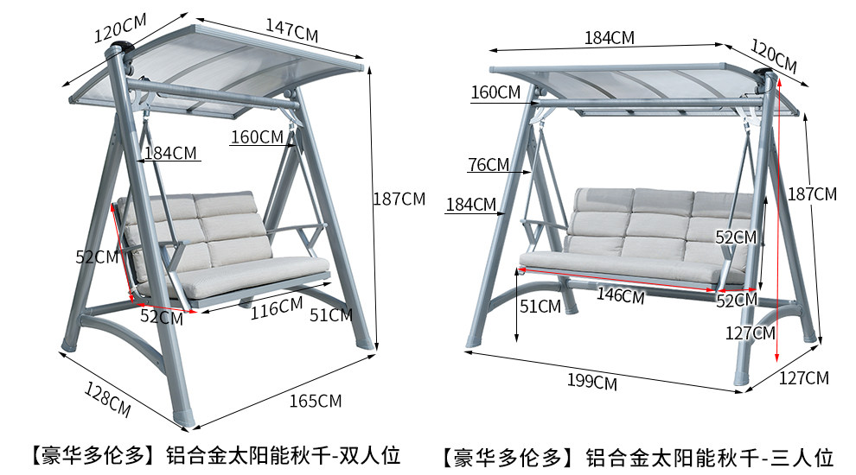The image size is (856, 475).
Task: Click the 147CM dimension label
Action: [291, 31]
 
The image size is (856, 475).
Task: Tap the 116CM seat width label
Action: [277, 307]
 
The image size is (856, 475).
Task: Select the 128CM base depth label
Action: [108, 396]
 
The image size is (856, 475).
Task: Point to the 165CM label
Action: [316, 401]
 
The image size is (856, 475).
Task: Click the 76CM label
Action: [489, 165]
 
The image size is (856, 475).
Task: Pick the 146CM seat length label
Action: [621, 295]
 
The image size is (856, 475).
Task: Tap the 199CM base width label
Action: [592, 380]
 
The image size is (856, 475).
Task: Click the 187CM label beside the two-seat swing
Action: [399, 199]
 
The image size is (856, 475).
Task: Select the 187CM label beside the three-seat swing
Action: [813, 194]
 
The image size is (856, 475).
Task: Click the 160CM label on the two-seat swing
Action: [257, 136]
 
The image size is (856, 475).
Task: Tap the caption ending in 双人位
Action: [212, 455]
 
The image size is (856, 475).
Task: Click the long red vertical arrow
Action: [778, 216]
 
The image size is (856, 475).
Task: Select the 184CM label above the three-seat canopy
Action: [610, 38]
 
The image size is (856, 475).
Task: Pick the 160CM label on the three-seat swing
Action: [496, 92]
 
